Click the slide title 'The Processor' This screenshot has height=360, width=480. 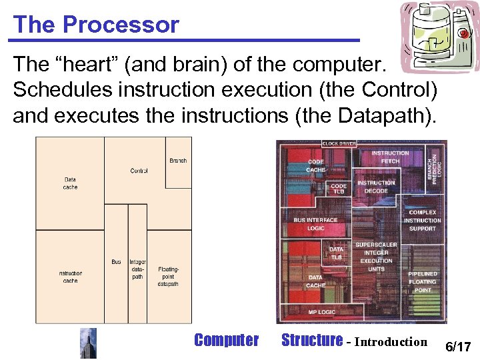(96, 25)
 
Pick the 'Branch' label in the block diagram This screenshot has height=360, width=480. (178, 161)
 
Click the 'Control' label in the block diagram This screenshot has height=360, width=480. (139, 171)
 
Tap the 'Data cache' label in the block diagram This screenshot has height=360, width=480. (70, 183)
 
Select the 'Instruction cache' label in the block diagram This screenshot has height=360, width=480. (70, 277)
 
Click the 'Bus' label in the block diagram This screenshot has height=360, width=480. (117, 262)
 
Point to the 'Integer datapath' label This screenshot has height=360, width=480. (137, 269)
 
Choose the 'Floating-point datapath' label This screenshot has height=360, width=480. (168, 277)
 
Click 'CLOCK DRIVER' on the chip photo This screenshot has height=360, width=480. (339, 143)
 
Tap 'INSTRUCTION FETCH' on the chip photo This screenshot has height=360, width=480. (390, 157)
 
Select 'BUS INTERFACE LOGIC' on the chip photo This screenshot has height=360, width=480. (315, 224)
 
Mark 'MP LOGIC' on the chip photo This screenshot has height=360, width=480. (321, 312)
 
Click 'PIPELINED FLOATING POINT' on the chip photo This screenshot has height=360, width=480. (422, 282)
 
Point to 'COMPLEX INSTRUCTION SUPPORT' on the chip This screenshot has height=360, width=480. (422, 221)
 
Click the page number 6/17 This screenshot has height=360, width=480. (458, 347)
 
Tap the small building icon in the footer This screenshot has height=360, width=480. (88, 343)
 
